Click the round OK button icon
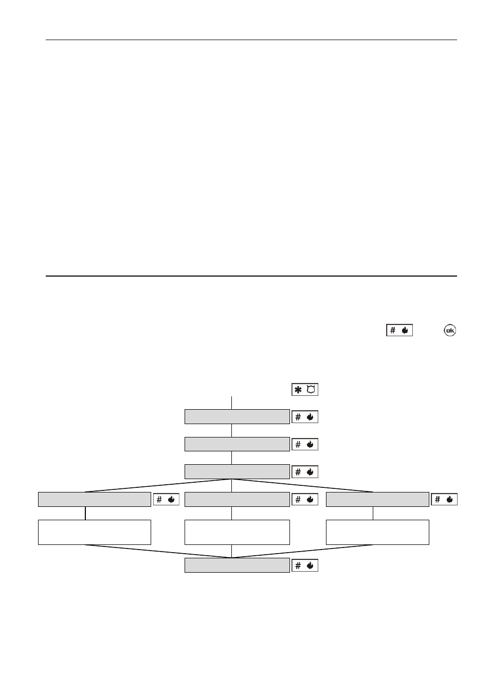[450, 330]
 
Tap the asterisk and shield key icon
[305, 390]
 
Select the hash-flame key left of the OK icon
[399, 330]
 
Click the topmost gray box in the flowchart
[237, 417]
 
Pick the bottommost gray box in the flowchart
[237, 565]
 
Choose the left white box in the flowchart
[95, 532]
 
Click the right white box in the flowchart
[377, 532]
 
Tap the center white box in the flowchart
[237, 532]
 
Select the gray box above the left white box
[95, 500]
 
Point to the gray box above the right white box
[377, 500]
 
